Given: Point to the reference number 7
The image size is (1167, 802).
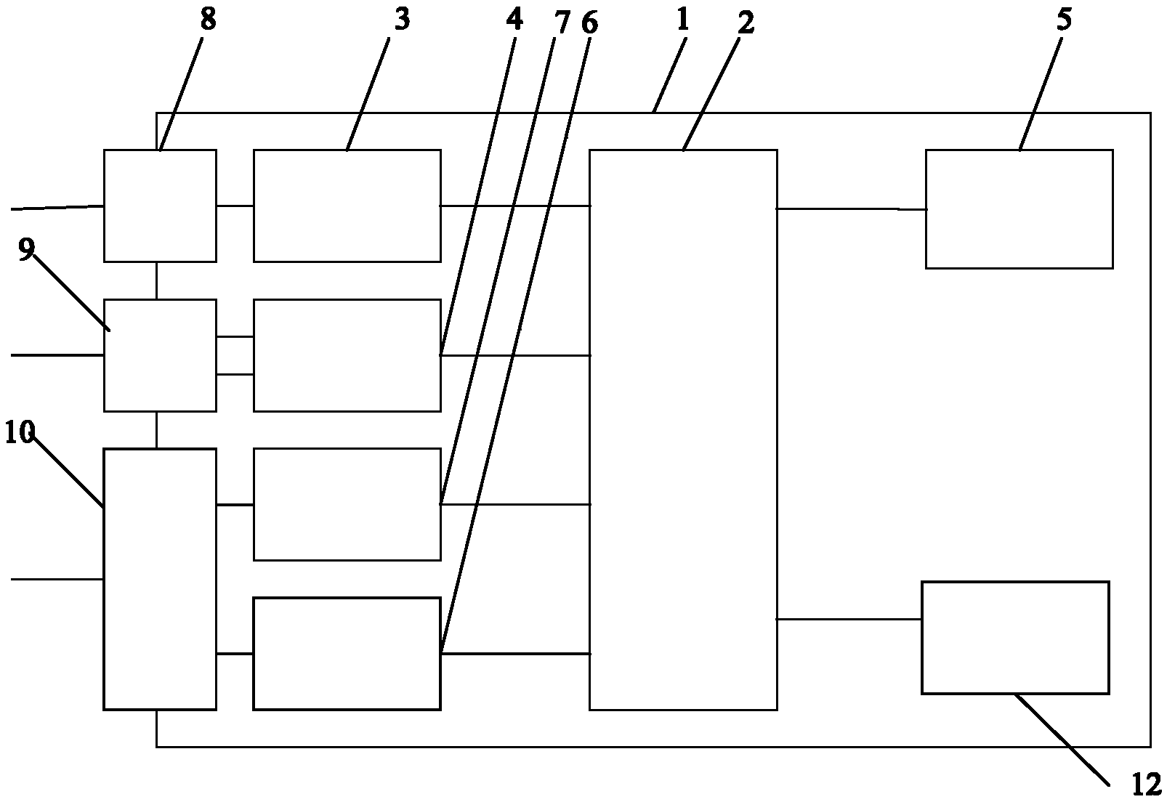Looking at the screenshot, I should click(x=562, y=23).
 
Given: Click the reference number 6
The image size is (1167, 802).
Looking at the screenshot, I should click(x=589, y=23).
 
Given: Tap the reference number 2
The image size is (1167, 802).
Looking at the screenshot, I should click(x=746, y=23).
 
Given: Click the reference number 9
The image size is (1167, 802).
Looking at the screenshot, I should click(x=25, y=250).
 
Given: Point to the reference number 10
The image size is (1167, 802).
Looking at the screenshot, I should click(x=20, y=434).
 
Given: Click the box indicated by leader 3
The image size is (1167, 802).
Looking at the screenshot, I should click(x=347, y=206).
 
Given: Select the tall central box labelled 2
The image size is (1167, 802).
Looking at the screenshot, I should click(x=683, y=429).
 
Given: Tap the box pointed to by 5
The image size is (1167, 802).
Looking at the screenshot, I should click(x=1019, y=209).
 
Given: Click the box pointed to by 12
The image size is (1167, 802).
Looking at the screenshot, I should click(x=1015, y=637).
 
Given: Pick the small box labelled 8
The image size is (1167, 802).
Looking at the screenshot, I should click(x=160, y=206).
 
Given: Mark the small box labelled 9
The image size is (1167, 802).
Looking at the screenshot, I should click(x=160, y=355).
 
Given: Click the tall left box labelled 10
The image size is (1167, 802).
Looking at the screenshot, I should click(x=160, y=579).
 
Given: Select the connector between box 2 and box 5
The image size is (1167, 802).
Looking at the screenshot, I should click(x=851, y=209).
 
